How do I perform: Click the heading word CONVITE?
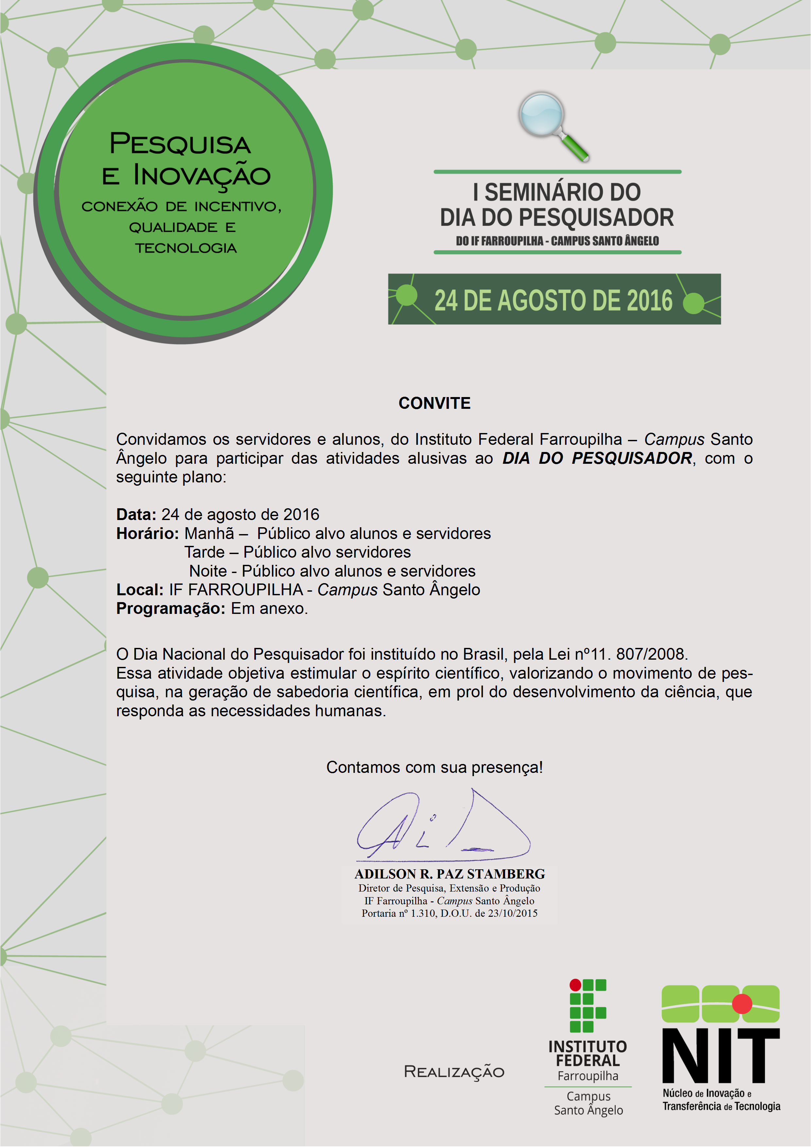point(434,403)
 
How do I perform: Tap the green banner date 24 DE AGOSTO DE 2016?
point(553,300)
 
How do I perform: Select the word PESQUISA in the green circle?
point(180,144)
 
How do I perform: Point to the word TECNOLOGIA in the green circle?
point(186,248)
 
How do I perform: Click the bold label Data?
point(136,514)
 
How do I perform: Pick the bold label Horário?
point(147,533)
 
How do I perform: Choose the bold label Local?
point(140,590)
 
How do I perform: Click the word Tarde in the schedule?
point(204,552)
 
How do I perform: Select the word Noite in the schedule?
point(208,571)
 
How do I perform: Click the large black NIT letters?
point(720,1055)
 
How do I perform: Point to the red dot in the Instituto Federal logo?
point(575,985)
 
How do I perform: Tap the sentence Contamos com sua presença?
point(434,767)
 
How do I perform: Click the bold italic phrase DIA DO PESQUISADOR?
point(597,458)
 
